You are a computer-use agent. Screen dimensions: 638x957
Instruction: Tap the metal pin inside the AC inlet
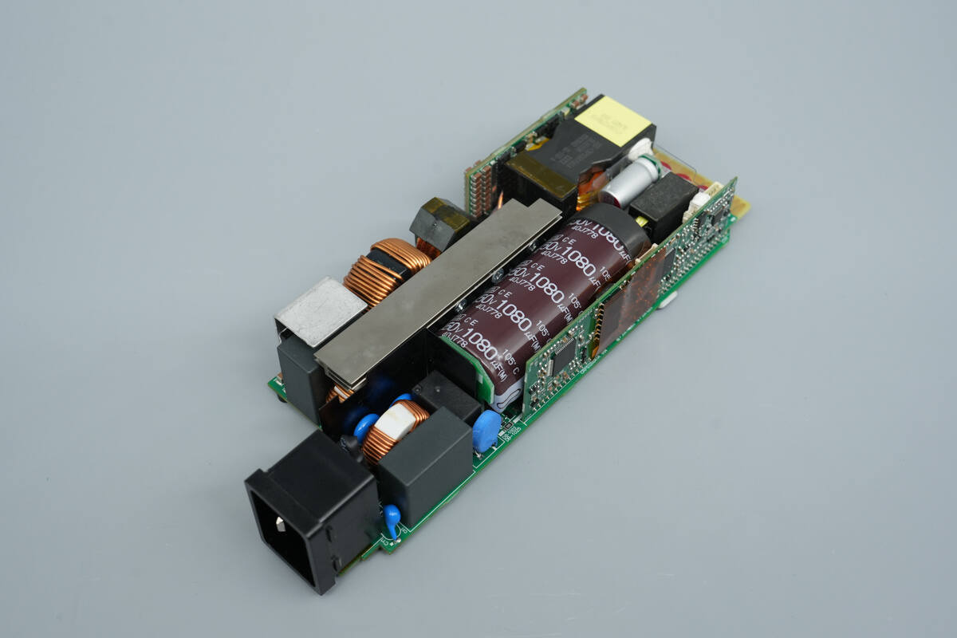pyautogui.click(x=281, y=522)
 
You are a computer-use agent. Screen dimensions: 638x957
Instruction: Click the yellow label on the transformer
pyautogui.click(x=612, y=120)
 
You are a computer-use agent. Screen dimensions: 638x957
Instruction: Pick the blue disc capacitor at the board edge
pyautogui.click(x=486, y=431)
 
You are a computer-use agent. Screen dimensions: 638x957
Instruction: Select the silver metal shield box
pyautogui.click(x=319, y=311)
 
